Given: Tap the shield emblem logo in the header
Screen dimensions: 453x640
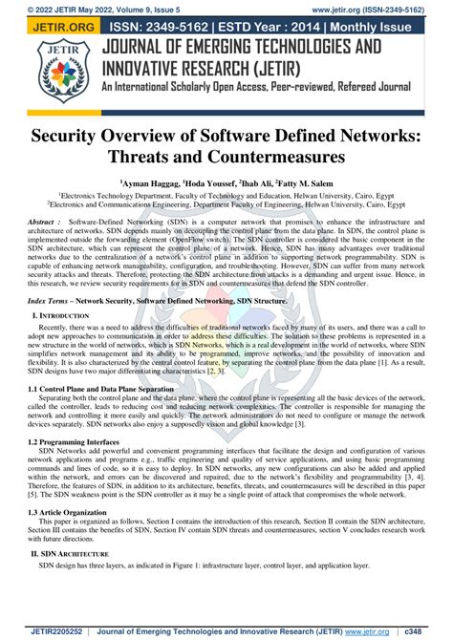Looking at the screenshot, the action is (38, 73).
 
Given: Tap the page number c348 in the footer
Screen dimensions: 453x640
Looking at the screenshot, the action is (433, 631).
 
